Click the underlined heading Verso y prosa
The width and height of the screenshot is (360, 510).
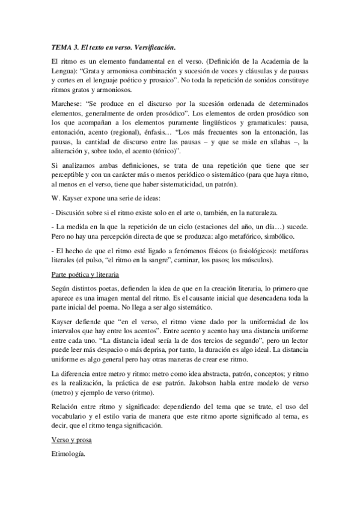tap(71, 440)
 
